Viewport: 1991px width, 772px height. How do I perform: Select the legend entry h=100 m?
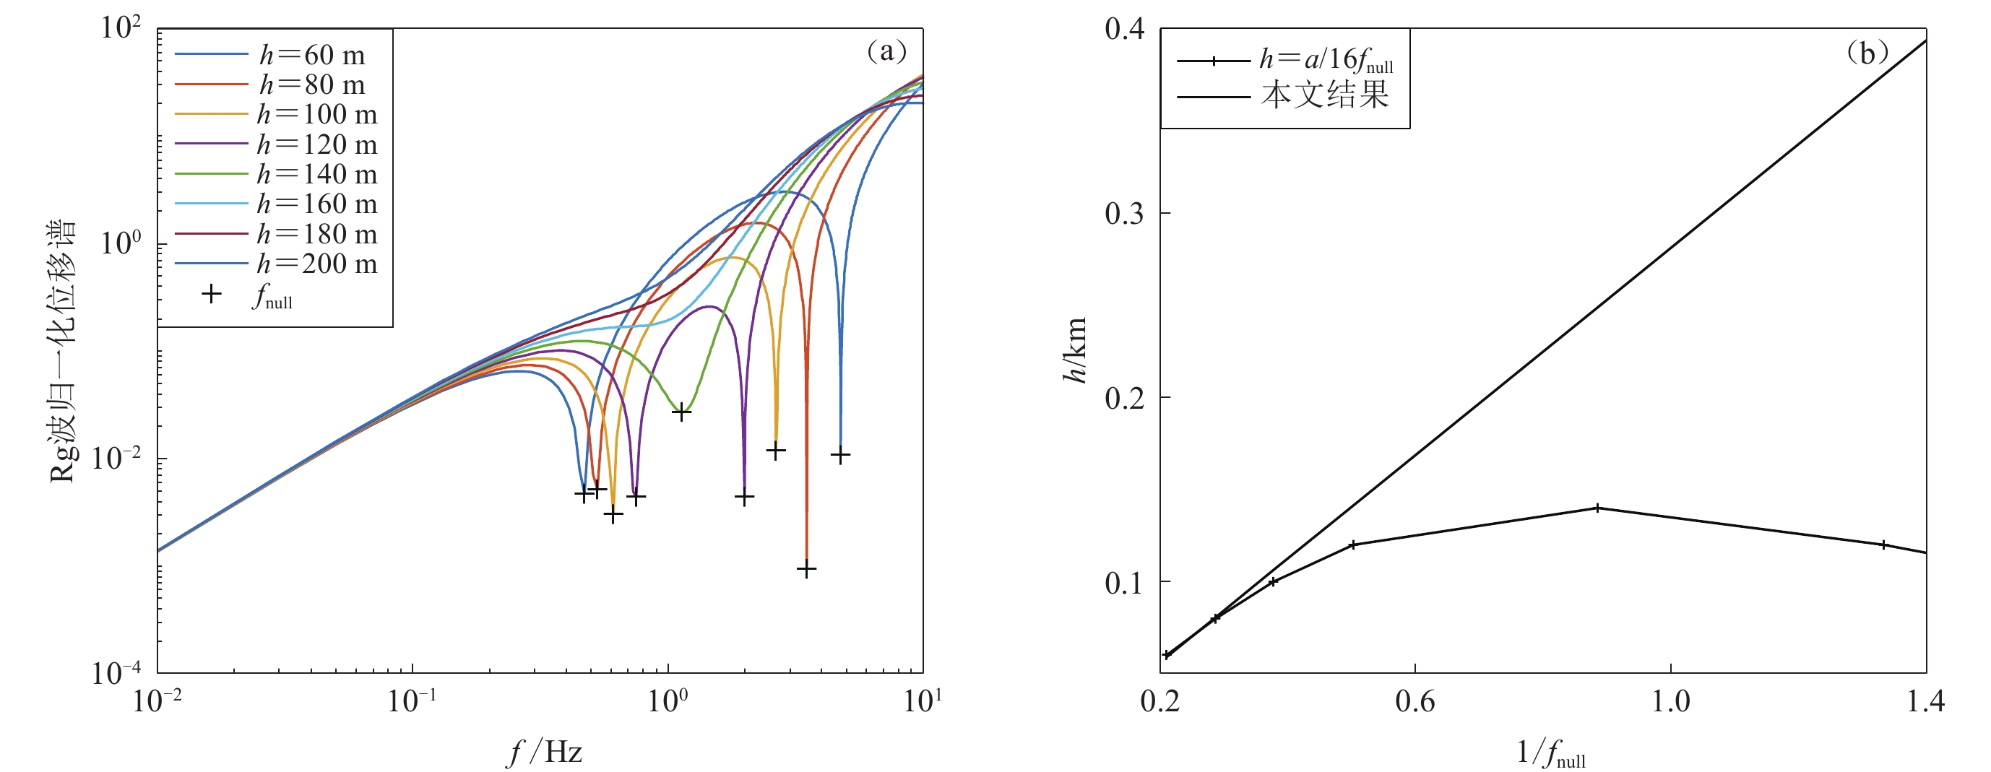click(317, 114)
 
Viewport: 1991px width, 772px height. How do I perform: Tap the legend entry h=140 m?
click(317, 174)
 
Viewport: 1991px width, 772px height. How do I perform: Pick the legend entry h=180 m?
click(317, 233)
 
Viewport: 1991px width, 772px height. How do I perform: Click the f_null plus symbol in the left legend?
click(211, 295)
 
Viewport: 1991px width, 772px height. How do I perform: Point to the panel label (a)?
click(886, 52)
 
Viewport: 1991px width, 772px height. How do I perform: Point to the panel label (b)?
click(1867, 53)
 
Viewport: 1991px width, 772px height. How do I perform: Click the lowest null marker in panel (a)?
click(806, 570)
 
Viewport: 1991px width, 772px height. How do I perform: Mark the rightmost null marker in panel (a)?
click(840, 455)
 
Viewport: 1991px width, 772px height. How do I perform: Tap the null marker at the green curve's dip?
click(681, 412)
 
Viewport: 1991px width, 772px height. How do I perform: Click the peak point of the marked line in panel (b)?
click(1597, 508)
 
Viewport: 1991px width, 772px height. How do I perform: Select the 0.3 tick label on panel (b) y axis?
click(1124, 213)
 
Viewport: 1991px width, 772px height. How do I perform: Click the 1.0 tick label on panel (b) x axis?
click(1670, 702)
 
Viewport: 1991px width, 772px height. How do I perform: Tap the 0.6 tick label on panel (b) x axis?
click(1415, 702)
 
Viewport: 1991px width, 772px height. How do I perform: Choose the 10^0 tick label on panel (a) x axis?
click(668, 702)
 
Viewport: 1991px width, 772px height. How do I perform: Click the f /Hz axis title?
click(545, 752)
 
